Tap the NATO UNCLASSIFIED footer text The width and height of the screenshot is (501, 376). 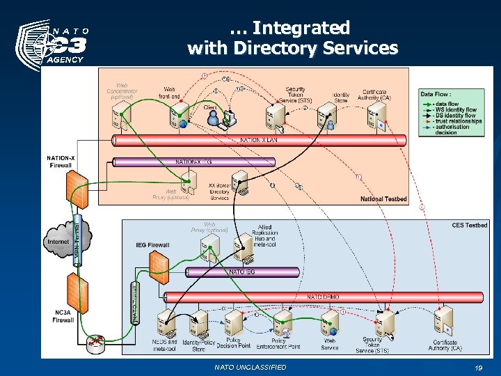coord(250,367)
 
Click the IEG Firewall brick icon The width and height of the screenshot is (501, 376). coord(159,263)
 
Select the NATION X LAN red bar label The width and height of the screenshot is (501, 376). coord(263,140)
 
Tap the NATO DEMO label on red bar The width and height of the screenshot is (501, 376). coord(324,297)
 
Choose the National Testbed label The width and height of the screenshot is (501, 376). coord(383,199)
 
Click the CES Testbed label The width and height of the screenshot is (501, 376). coord(469,225)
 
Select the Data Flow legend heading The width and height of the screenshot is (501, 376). coord(436,94)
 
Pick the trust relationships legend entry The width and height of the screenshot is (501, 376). coord(457,121)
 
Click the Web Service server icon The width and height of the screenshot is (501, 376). coord(329,323)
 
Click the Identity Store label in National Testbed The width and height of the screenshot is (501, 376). coord(341,97)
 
